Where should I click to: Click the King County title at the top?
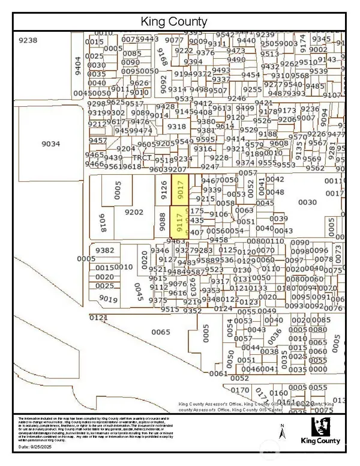tap(173, 22)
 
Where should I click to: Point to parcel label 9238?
tap(29, 40)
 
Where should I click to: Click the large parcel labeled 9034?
tap(51, 144)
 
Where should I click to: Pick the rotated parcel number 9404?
tap(77, 64)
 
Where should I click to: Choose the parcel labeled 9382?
tap(104, 250)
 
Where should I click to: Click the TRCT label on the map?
tap(142, 158)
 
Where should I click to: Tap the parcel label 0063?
tap(244, 211)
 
